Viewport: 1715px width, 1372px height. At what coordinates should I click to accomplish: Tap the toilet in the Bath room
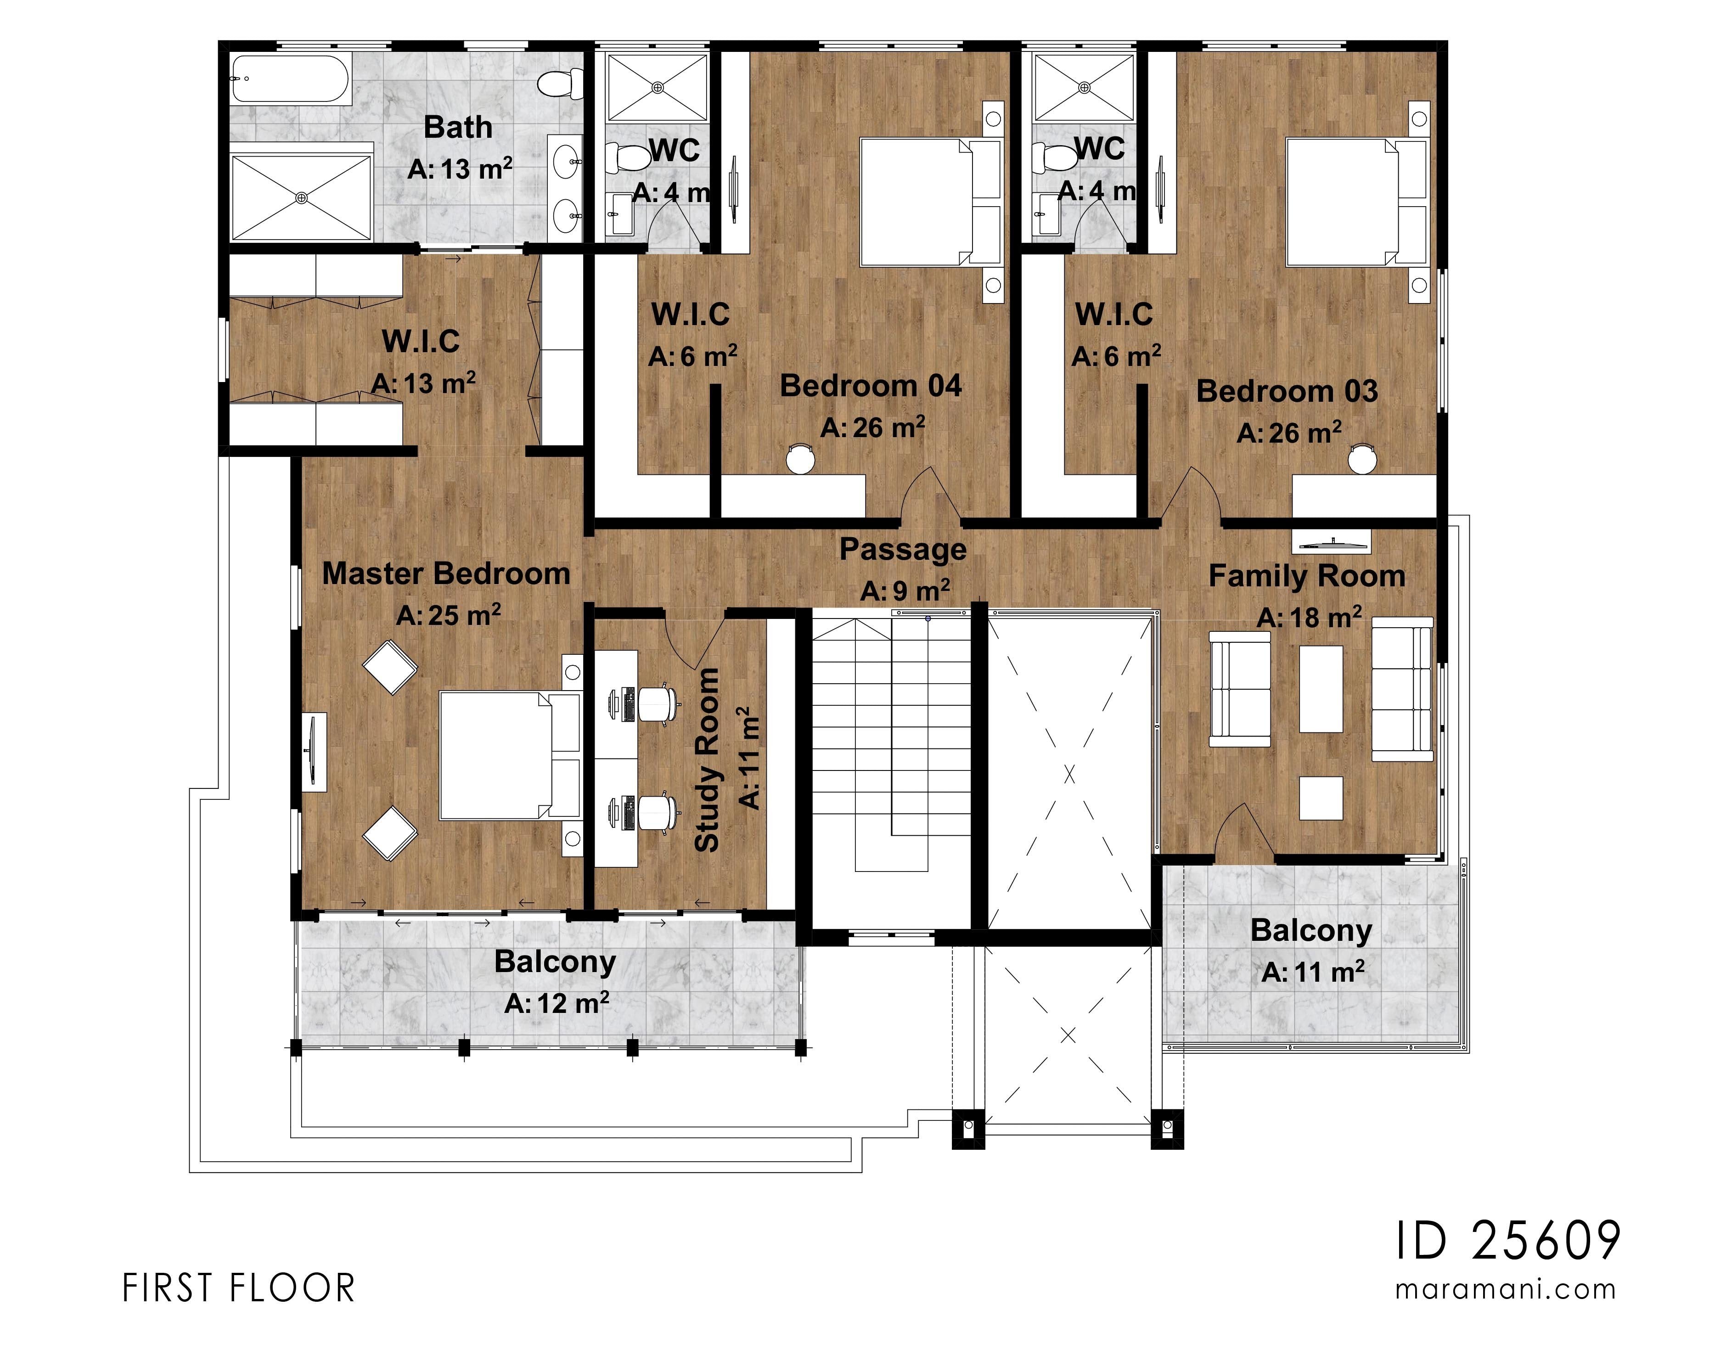tap(555, 83)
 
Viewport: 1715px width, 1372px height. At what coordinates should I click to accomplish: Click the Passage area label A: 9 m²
tap(905, 591)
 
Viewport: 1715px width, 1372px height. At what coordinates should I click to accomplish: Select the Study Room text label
tap(707, 759)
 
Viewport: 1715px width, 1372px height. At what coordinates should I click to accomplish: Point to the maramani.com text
tap(1506, 1289)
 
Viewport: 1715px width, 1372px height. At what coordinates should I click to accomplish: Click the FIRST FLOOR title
tap(239, 1288)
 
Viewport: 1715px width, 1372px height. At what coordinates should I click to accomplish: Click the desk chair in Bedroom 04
tap(800, 458)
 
